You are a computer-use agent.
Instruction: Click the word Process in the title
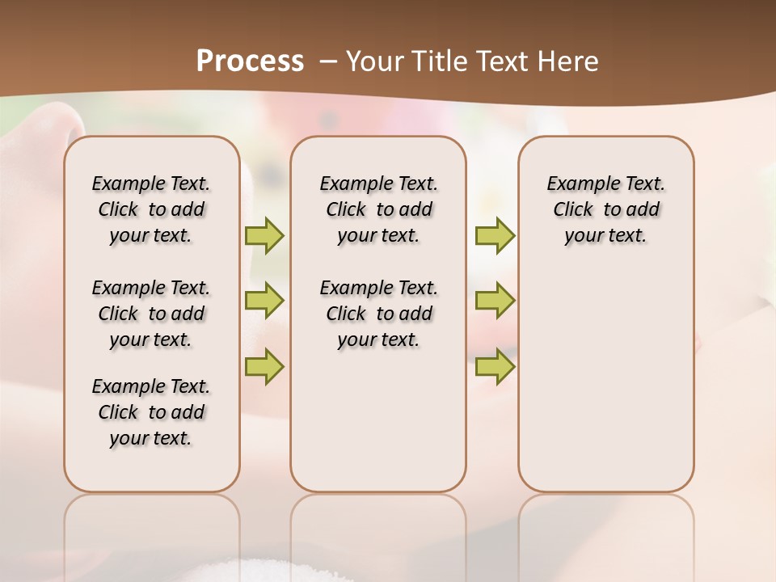[x=250, y=61]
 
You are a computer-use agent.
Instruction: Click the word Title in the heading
[x=440, y=61]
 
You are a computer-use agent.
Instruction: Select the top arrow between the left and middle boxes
[x=264, y=235]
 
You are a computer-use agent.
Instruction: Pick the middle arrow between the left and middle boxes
[x=264, y=301]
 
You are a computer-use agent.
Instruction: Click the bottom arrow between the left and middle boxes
[x=264, y=366]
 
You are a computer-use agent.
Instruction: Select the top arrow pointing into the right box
[x=495, y=235]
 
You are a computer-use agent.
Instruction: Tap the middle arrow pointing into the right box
[x=495, y=301]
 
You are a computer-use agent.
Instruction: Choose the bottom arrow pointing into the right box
[x=495, y=366]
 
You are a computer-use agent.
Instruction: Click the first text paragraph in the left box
[x=151, y=209]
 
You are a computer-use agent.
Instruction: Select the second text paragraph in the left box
[x=151, y=314]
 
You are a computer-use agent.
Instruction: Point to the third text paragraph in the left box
[x=151, y=412]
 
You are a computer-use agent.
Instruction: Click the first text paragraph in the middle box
[x=378, y=209]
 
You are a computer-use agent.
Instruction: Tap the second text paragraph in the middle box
[x=378, y=314]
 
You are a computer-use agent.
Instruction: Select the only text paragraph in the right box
[x=605, y=209]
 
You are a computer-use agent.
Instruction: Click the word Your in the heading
[x=374, y=61]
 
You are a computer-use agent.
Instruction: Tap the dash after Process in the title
[x=328, y=61]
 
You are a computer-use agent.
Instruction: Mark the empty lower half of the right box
[x=605, y=388]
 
